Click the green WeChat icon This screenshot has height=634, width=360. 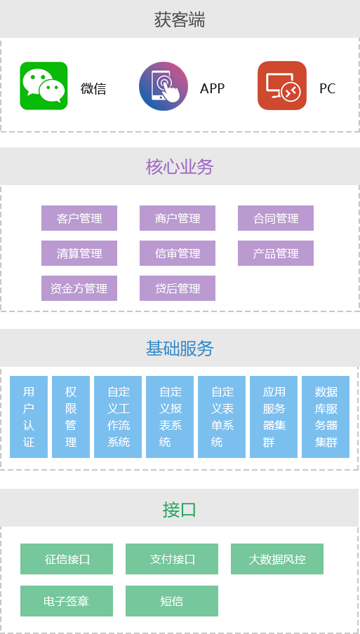(x=44, y=86)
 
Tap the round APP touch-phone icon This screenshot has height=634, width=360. (x=164, y=86)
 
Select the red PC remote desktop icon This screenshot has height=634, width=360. (x=282, y=86)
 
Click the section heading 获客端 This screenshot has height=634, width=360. (x=180, y=20)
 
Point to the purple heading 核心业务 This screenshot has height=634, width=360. (x=180, y=167)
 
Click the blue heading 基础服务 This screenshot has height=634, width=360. (x=180, y=348)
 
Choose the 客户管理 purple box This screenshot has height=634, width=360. (x=79, y=218)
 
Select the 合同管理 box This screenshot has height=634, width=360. (x=276, y=218)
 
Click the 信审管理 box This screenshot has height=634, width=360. (x=178, y=253)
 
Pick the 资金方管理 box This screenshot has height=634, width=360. (x=79, y=288)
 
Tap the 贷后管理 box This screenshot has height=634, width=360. (x=178, y=288)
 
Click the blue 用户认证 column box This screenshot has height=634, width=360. (x=29, y=417)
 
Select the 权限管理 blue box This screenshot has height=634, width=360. (x=71, y=417)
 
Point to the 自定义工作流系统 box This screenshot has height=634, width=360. (x=118, y=417)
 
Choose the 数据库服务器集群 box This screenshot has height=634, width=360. (x=326, y=417)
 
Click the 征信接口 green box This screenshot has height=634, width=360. (x=67, y=559)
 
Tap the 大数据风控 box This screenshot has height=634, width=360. (x=277, y=559)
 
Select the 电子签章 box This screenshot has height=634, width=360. (x=67, y=601)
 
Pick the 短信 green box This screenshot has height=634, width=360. (x=172, y=601)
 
